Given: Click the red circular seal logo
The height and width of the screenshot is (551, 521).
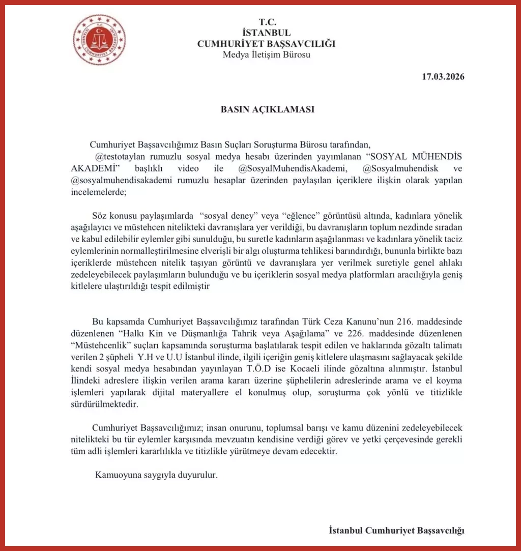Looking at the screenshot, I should click(99, 39).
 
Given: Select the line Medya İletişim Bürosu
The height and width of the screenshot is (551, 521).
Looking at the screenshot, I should click(267, 55).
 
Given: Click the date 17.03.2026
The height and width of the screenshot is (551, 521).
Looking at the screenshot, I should click(443, 77).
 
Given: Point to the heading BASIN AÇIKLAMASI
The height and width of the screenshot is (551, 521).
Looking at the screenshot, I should click(267, 109).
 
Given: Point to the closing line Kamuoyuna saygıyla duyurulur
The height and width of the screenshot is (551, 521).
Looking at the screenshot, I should click(157, 475).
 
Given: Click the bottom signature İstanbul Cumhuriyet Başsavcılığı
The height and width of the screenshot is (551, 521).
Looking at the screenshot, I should click(396, 530).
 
